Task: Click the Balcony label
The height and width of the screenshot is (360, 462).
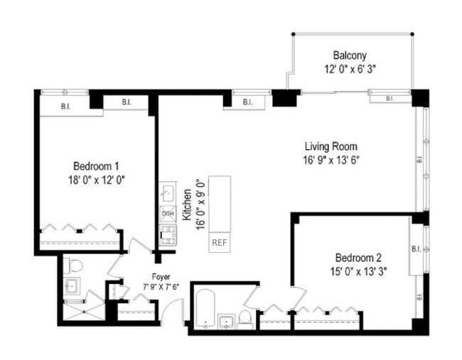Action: (350, 55)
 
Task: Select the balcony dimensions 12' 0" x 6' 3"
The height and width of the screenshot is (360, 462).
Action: (350, 70)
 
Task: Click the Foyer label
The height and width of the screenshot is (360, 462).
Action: (161, 277)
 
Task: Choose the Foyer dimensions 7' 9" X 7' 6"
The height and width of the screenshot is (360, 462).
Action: (161, 288)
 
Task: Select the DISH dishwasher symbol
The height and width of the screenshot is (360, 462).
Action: (168, 213)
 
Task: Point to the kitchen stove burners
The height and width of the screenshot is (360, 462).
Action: (168, 231)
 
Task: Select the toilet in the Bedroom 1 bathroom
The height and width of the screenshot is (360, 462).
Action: (75, 266)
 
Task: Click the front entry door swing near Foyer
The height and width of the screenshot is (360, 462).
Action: (175, 310)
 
